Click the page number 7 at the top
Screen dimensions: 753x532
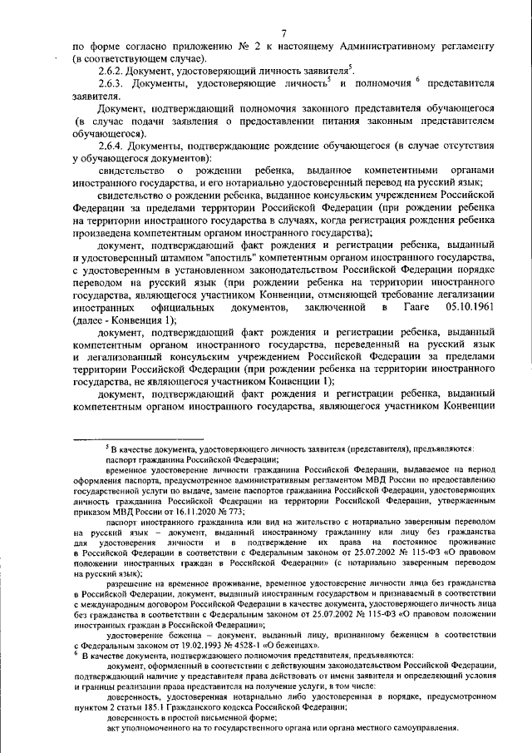(x=284, y=32)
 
